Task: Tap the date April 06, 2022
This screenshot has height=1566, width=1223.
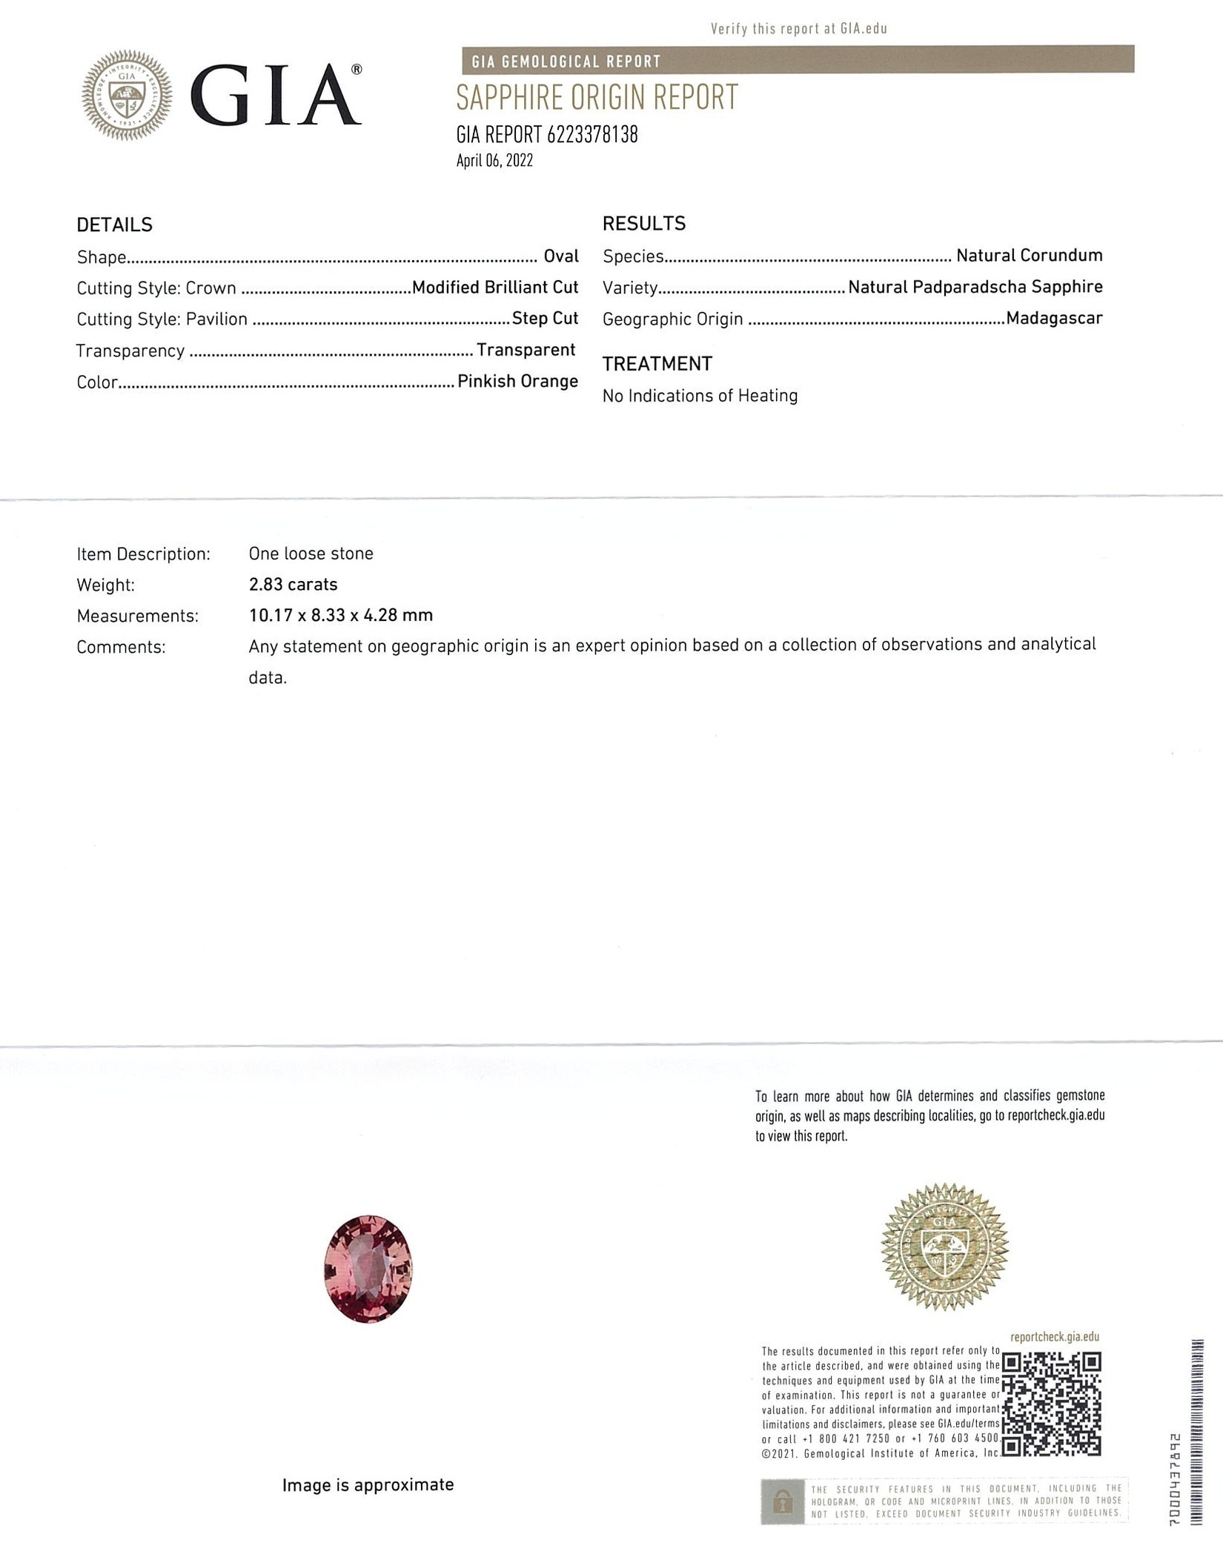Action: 494,161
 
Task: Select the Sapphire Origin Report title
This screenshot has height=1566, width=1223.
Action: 597,98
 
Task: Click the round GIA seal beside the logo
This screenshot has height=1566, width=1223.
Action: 127,95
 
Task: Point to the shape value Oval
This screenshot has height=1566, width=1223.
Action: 561,256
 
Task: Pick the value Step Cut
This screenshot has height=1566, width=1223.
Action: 545,319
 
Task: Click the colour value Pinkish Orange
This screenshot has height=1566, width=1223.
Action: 517,382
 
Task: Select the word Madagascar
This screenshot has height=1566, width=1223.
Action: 1054,319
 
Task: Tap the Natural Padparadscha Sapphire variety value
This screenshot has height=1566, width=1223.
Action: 975,287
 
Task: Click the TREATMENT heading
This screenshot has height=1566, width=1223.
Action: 657,364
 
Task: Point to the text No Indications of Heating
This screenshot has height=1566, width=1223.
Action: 700,396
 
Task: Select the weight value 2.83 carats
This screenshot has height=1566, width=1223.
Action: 293,585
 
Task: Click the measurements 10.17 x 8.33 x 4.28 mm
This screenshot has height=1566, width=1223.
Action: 340,615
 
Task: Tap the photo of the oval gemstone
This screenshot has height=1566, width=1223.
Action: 368,1268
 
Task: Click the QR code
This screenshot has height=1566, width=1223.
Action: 1050,1403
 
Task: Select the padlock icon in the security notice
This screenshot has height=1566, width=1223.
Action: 782,1502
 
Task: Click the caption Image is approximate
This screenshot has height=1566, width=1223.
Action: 368,1484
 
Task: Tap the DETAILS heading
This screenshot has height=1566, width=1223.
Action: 114,225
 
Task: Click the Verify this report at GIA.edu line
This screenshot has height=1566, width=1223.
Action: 798,29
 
